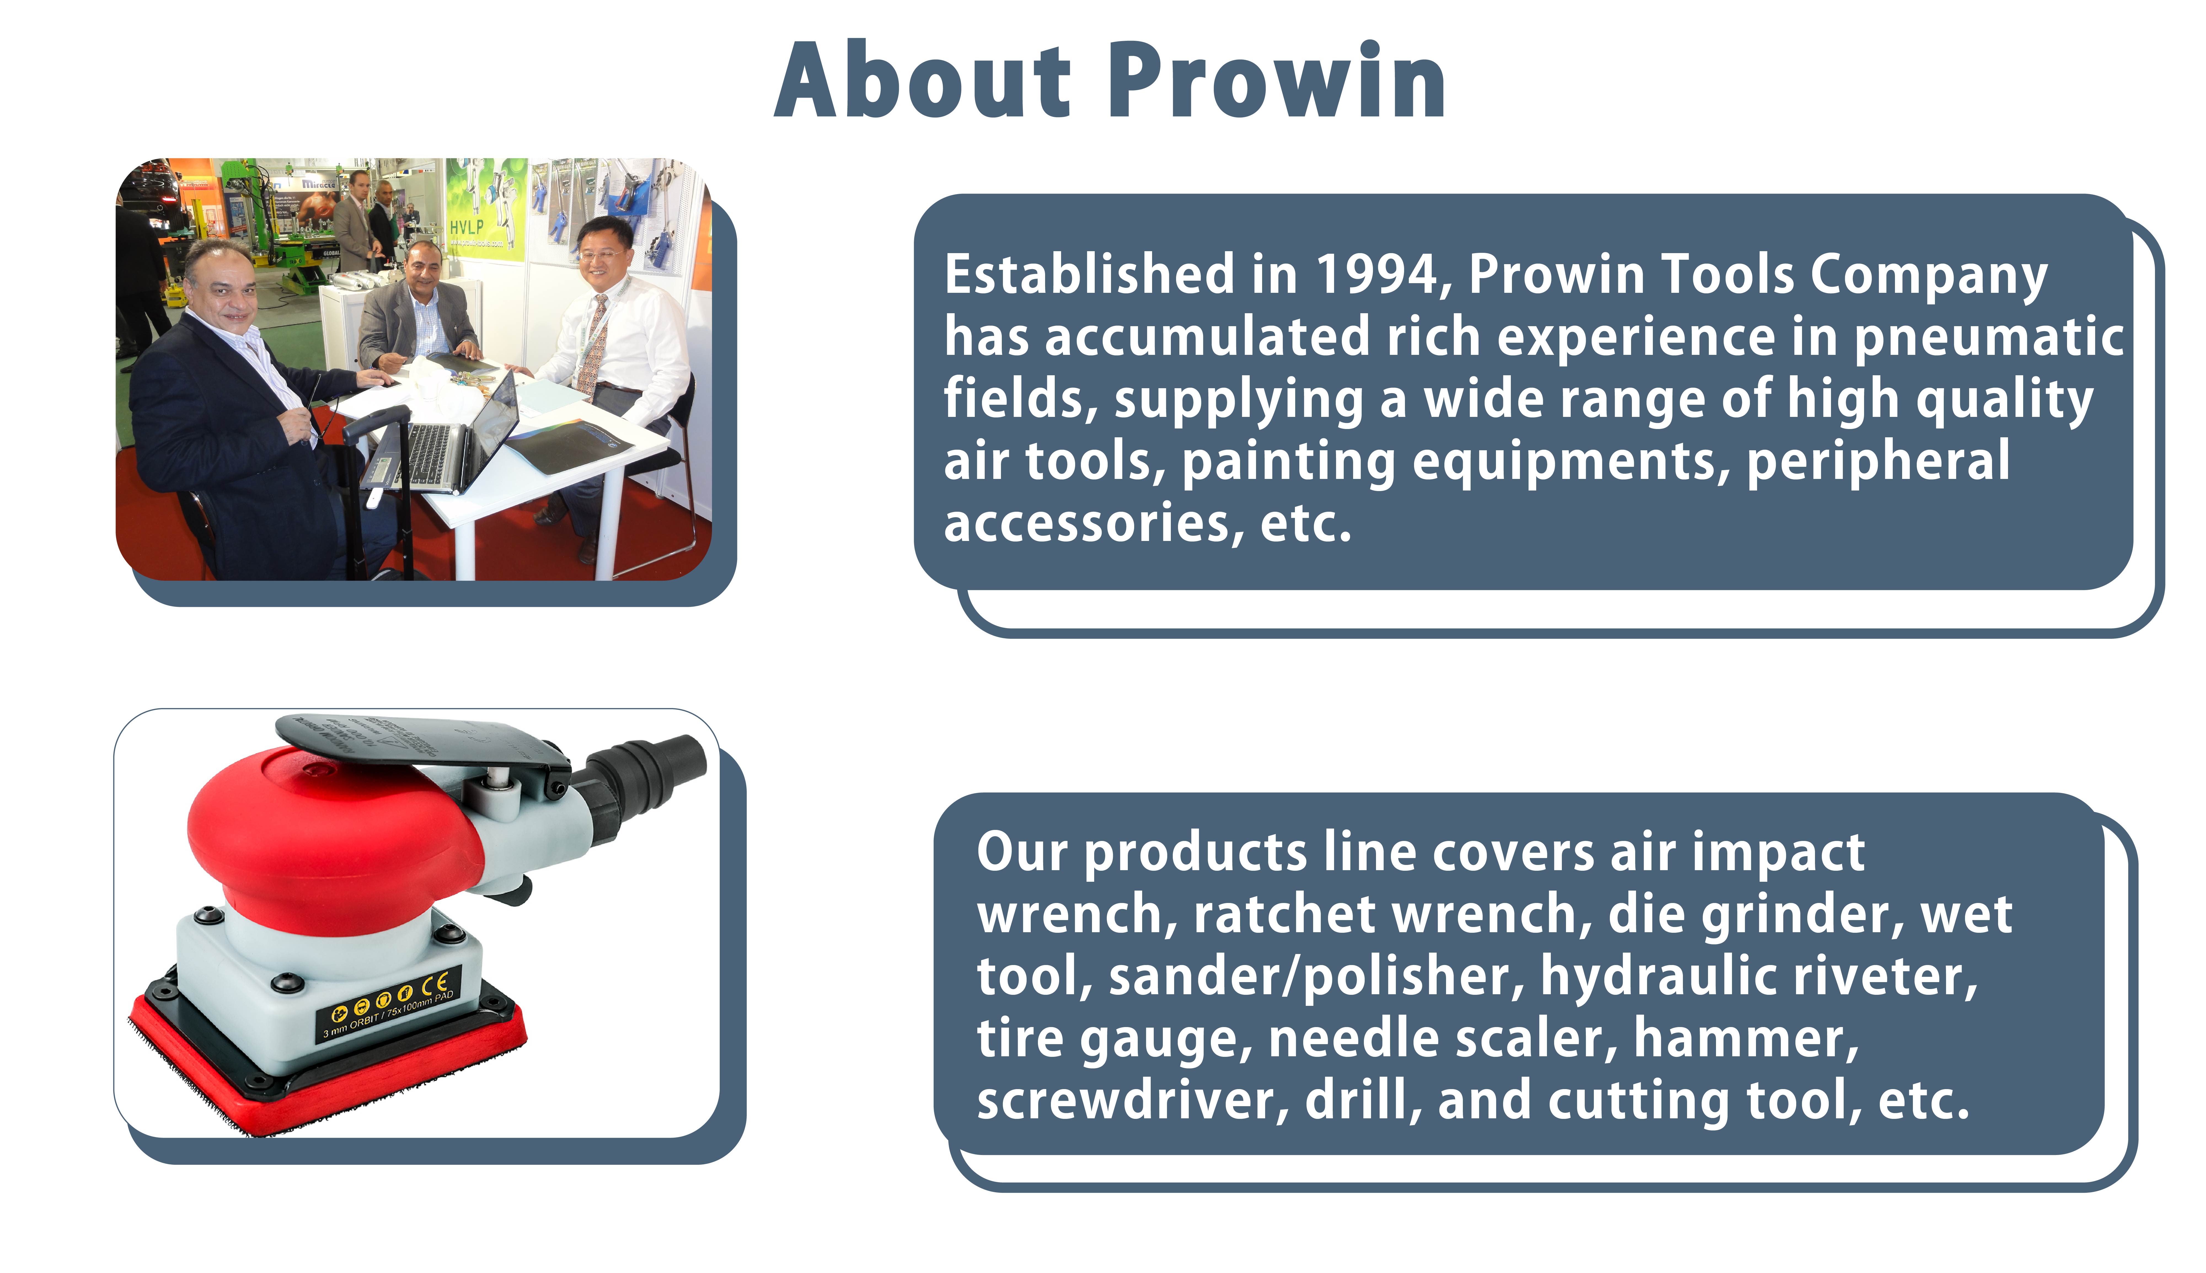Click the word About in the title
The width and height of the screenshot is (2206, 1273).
922,81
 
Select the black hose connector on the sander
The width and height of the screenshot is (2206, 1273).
647,774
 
